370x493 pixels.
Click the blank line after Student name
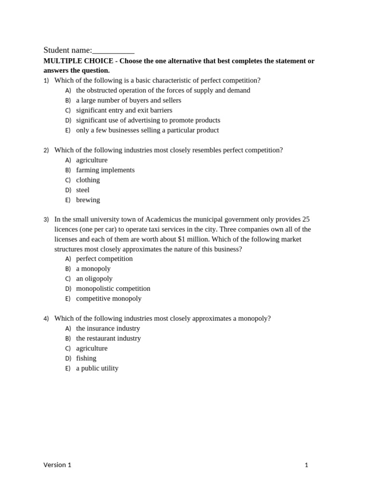pyautogui.click(x=113, y=51)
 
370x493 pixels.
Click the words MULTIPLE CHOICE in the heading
pyautogui.click(x=78, y=61)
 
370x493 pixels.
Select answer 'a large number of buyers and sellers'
pyautogui.click(x=128, y=100)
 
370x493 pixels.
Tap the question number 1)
pyautogui.click(x=46, y=80)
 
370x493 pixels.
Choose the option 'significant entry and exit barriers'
pyautogui.click(x=124, y=110)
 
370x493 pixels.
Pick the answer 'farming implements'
pyautogui.click(x=105, y=170)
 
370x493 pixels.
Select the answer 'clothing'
pyautogui.click(x=88, y=180)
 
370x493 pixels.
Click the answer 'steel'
pyautogui.click(x=82, y=190)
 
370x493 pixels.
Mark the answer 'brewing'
pyautogui.click(x=88, y=200)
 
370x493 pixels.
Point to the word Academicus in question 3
pyautogui.click(x=163, y=220)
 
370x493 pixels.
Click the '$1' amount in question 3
pyautogui.click(x=182, y=239)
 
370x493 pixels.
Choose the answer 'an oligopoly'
pyautogui.click(x=94, y=279)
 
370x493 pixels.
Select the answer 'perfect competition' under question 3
pyautogui.click(x=104, y=259)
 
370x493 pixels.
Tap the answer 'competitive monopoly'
pyautogui.click(x=108, y=298)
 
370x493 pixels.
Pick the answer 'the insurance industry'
pyautogui.click(x=108, y=328)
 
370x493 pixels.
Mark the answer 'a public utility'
pyautogui.click(x=97, y=368)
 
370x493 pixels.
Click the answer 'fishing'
pyautogui.click(x=86, y=358)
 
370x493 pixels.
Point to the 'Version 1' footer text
pyautogui.click(x=57, y=465)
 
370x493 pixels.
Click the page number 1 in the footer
pyautogui.click(x=306, y=465)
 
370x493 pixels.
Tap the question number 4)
pyautogui.click(x=46, y=318)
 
